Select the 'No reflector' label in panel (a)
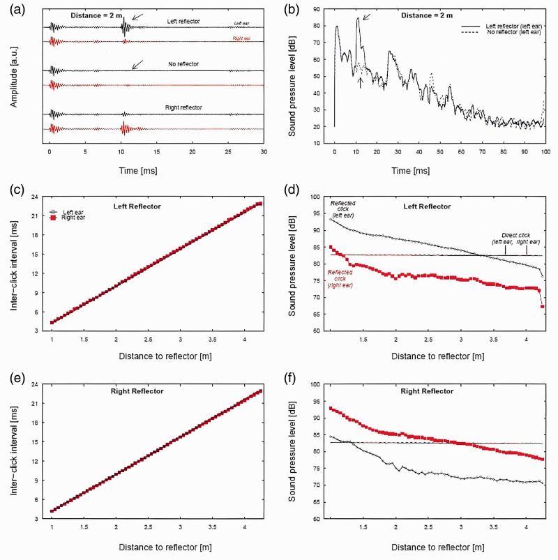click(x=183, y=64)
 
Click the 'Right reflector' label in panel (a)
click(x=183, y=107)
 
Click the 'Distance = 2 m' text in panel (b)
click(x=389, y=15)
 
